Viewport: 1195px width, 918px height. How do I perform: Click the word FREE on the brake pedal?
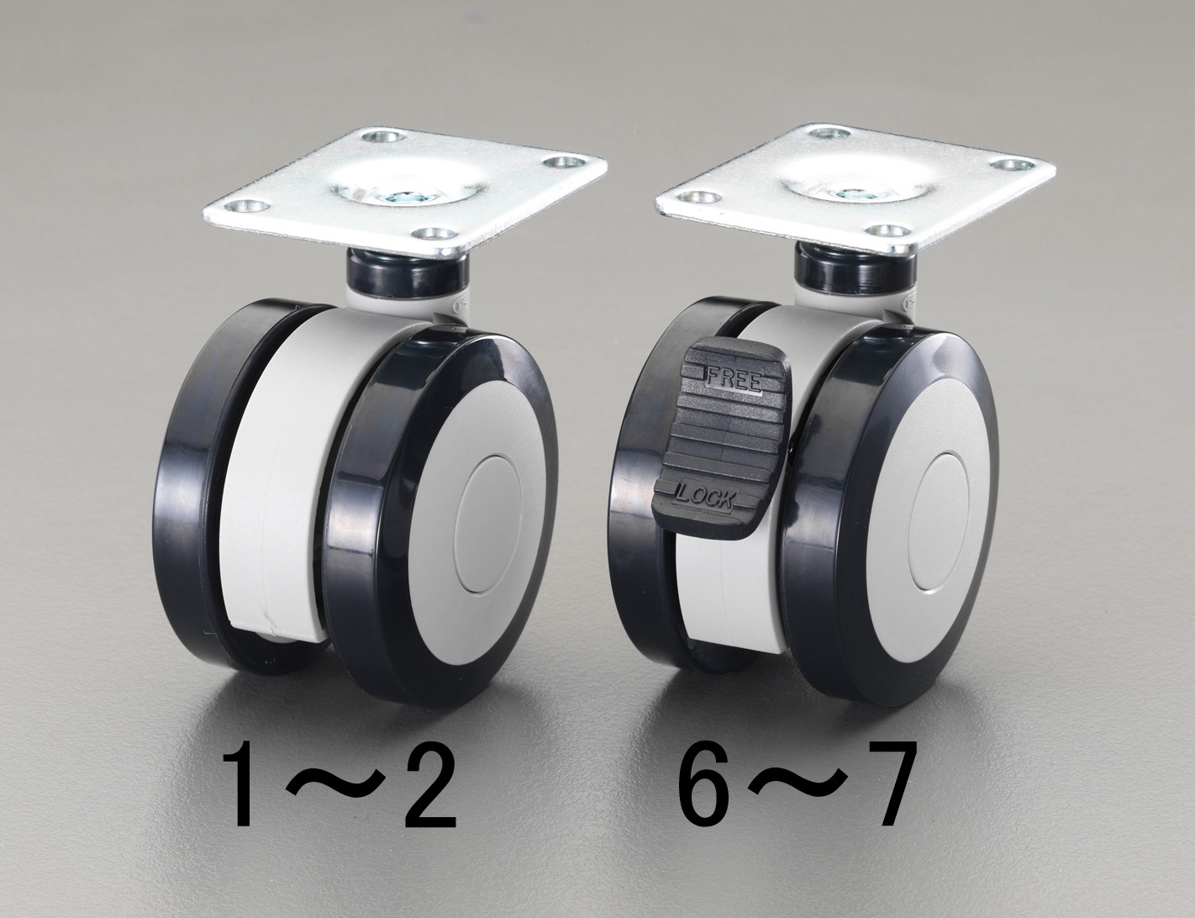click(733, 380)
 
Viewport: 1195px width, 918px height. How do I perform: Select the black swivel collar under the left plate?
click(408, 273)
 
